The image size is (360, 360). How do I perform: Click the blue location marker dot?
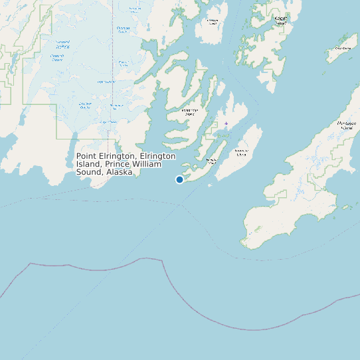pos(179,179)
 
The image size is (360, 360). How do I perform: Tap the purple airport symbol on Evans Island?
pos(226,124)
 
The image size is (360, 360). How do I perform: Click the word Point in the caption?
pos(87,156)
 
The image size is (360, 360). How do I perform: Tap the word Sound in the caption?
pos(88,172)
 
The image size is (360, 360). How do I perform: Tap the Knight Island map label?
pos(280,21)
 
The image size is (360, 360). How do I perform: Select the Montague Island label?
pos(345,126)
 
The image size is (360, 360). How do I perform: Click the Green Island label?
pos(343,48)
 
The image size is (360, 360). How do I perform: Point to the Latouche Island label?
pos(241,153)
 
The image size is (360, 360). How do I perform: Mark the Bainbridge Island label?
pos(190,112)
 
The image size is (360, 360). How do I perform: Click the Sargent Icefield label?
pos(63,45)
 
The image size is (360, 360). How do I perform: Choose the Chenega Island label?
pos(213,22)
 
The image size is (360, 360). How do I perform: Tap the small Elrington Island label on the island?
pos(211,161)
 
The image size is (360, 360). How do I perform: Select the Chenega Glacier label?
pos(124,29)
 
